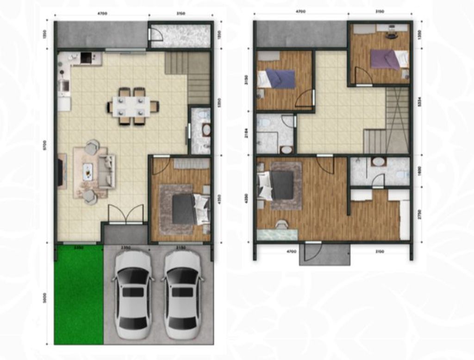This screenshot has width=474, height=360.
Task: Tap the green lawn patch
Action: click(x=79, y=295)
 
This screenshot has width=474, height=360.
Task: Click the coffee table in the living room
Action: click(x=88, y=172)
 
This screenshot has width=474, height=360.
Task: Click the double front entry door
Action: click(x=125, y=214)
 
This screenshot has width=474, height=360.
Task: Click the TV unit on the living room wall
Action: click(x=61, y=172)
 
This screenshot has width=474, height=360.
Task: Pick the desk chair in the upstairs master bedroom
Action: click(x=281, y=225)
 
